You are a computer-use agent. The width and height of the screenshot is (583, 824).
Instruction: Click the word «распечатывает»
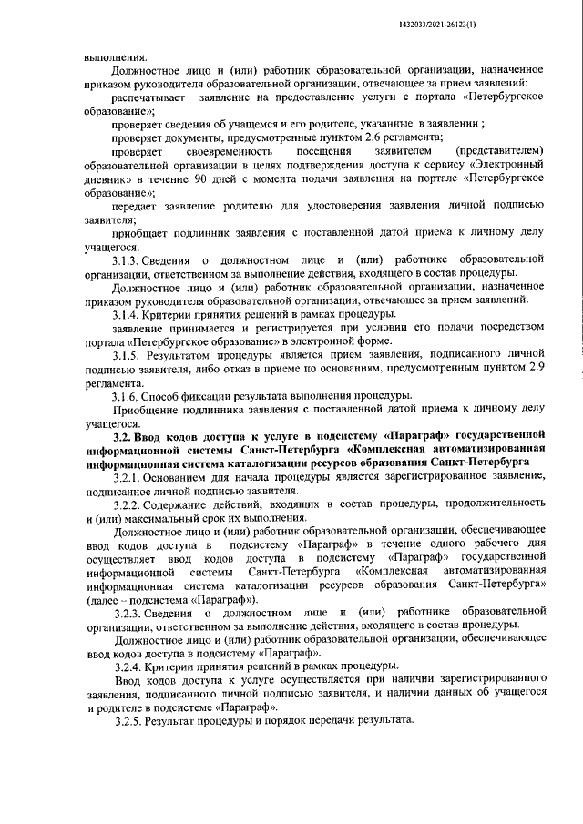pyautogui.click(x=148, y=96)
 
